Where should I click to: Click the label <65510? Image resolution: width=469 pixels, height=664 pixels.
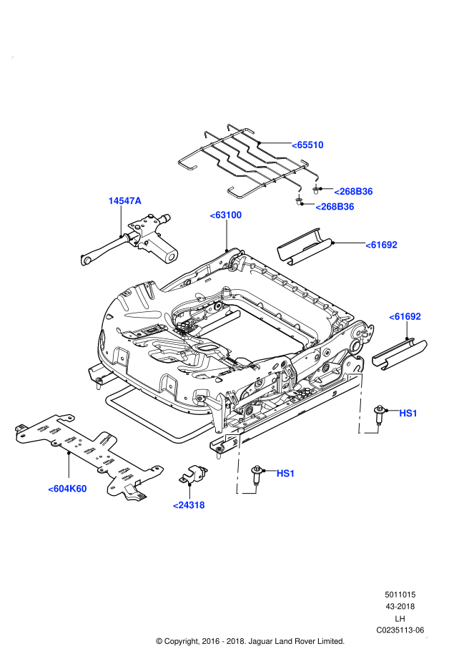(307, 145)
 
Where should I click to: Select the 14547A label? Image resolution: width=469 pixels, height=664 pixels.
(124, 201)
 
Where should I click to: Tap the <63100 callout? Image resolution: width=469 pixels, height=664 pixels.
(226, 215)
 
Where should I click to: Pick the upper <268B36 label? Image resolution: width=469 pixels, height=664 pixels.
(353, 192)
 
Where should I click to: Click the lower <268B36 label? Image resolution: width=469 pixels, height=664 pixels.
(335, 207)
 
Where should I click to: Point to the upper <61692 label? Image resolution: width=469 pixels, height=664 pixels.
(381, 245)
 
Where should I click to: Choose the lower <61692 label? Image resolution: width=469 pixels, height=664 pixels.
(405, 316)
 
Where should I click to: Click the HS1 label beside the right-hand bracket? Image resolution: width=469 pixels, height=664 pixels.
(408, 414)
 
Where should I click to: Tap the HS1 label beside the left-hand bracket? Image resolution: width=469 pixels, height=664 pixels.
(285, 474)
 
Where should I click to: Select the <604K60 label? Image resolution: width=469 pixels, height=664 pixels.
(67, 489)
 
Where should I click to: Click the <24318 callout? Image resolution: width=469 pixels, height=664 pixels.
(189, 505)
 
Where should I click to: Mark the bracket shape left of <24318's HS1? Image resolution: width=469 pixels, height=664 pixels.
(239, 464)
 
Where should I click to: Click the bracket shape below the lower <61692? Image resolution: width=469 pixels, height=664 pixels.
(361, 403)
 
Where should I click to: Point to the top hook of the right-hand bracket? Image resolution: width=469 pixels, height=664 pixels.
(353, 374)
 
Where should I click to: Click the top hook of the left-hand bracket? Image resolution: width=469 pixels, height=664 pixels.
(232, 435)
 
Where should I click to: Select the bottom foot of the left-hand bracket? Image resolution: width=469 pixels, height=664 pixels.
(247, 492)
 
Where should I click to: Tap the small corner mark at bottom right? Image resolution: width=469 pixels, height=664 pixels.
(426, 637)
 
